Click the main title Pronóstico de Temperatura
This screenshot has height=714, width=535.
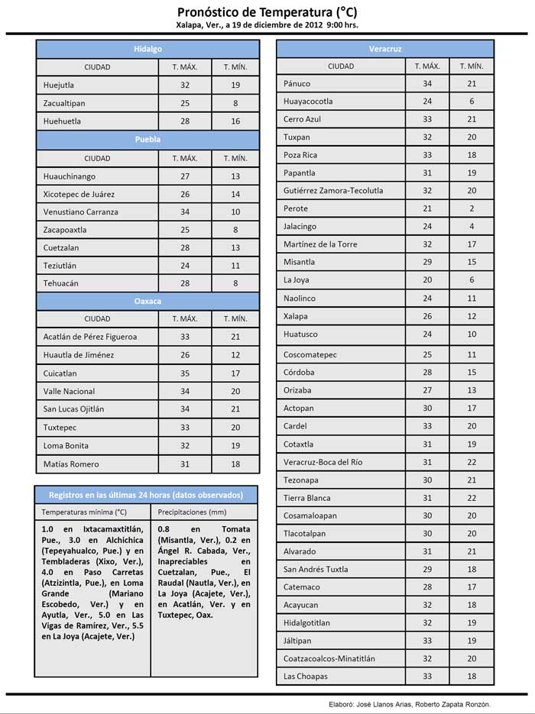[267, 12]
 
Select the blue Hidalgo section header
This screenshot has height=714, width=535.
[148, 49]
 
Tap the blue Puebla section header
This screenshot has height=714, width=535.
[148, 140]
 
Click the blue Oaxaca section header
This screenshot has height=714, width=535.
[148, 301]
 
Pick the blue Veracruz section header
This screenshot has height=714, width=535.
[385, 49]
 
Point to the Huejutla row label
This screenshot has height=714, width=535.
[59, 86]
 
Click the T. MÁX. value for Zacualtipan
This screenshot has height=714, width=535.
[185, 103]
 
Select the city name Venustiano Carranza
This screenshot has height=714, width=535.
[81, 212]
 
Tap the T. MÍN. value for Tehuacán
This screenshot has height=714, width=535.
[235, 283]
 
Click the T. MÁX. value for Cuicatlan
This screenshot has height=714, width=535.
[185, 373]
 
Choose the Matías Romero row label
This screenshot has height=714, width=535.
[71, 464]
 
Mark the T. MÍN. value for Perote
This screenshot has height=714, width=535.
[472, 208]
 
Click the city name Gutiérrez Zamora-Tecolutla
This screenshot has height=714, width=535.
[333, 190]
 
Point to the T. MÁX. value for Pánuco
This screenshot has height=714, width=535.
[427, 83]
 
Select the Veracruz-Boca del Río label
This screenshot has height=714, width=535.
[323, 462]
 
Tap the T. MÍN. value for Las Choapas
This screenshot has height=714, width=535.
[472, 676]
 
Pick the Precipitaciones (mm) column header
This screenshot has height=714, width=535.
[193, 512]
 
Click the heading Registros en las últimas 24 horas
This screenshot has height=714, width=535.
[146, 494]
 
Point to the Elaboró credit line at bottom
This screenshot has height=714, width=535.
[403, 703]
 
